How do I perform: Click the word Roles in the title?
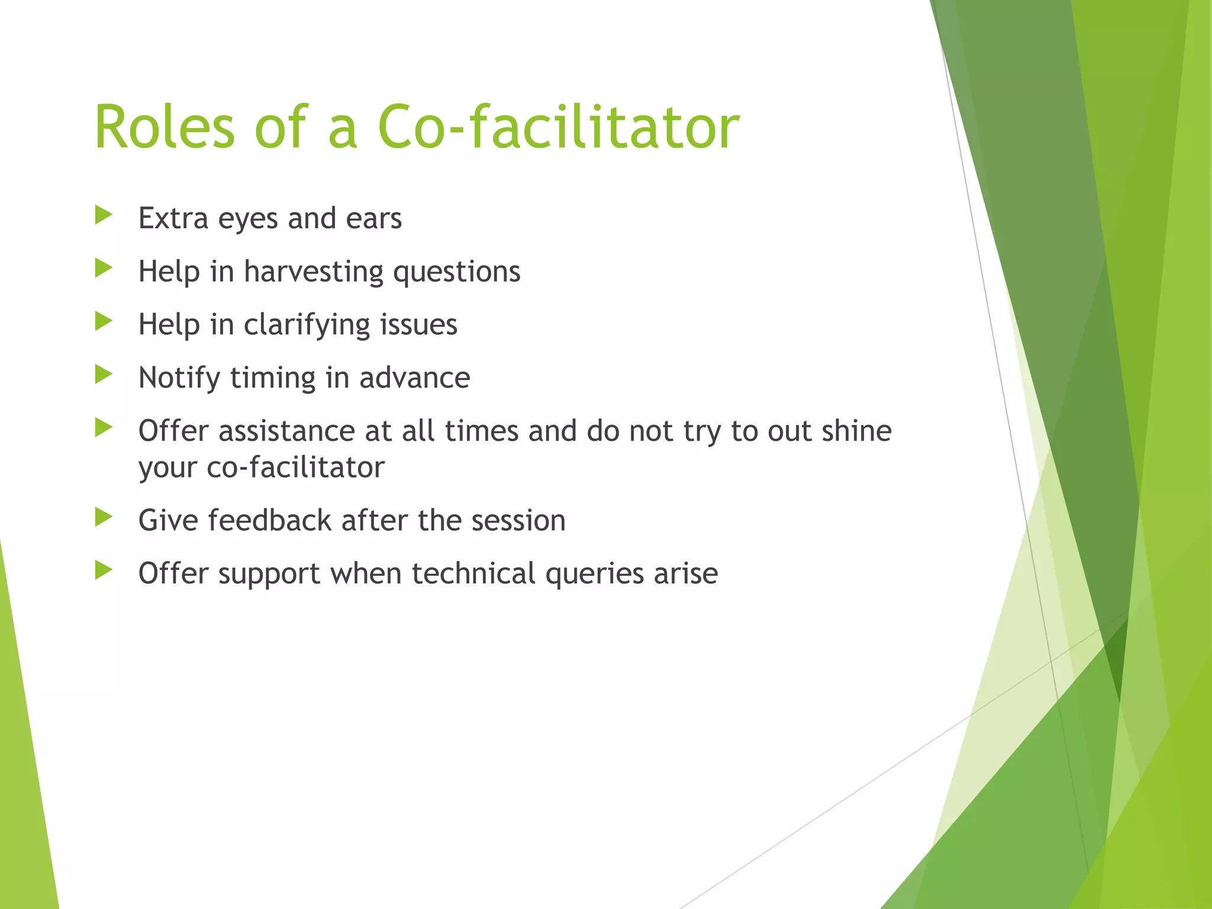pos(165,127)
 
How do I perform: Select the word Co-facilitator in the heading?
pos(558,127)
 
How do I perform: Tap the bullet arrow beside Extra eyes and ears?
pos(104,215)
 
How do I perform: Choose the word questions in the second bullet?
pos(457,272)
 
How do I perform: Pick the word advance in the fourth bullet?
pos(414,378)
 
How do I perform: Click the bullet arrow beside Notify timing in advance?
pos(104,375)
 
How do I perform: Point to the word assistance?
pos(286,431)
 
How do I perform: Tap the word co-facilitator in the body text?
pos(295,468)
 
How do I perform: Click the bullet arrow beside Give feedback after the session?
pos(104,517)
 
